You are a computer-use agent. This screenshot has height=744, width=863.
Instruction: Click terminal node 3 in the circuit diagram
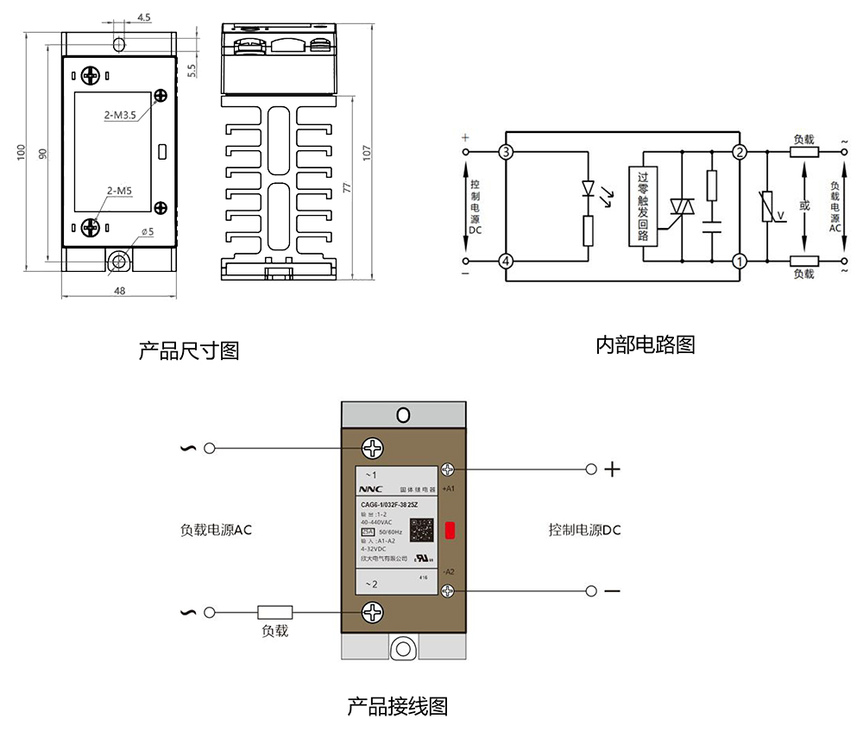tap(506, 153)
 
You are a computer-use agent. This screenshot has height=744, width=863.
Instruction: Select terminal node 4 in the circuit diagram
tap(506, 261)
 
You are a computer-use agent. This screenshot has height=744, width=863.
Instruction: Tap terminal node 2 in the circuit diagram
tap(739, 153)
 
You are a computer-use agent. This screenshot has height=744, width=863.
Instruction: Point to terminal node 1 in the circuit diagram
tap(739, 261)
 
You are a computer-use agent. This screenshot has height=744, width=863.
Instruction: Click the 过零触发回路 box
tap(643, 206)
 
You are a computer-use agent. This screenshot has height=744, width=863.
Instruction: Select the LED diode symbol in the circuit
tap(589, 187)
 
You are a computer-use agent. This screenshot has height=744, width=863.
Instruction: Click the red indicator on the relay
tap(450, 530)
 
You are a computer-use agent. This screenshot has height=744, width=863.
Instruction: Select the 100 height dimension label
tap(20, 153)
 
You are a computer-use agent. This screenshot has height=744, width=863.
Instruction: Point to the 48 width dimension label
tap(119, 291)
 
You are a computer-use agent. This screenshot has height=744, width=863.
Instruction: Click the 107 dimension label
tap(367, 153)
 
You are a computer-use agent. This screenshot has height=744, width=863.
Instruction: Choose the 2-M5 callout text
tap(119, 191)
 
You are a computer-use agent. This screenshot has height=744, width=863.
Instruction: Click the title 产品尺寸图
tap(188, 351)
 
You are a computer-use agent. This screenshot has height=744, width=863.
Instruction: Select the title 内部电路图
tap(645, 345)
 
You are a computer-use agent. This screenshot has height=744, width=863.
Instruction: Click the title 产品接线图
tap(397, 707)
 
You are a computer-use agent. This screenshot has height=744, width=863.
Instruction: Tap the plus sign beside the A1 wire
tap(612, 470)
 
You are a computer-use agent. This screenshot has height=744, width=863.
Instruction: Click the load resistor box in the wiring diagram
tap(275, 613)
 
